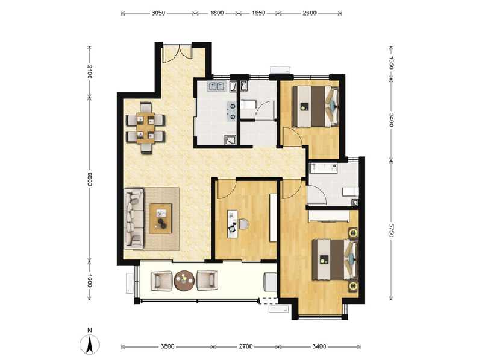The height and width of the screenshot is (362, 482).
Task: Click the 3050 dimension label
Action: click(158, 13)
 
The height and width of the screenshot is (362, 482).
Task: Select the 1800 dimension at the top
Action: click(217, 13)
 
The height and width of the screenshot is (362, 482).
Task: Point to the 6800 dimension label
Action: click(89, 180)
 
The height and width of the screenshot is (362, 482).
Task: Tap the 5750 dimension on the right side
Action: click(392, 230)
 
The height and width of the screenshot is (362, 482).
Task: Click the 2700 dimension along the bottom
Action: click(245, 346)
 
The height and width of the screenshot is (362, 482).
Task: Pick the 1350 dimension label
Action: click(392, 62)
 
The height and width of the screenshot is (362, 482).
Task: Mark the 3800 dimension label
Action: click(167, 346)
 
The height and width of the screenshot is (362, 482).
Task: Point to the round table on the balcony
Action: click(183, 280)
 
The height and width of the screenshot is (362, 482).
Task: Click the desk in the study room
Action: click(234, 223)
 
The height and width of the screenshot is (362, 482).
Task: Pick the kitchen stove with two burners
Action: click(231, 109)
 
